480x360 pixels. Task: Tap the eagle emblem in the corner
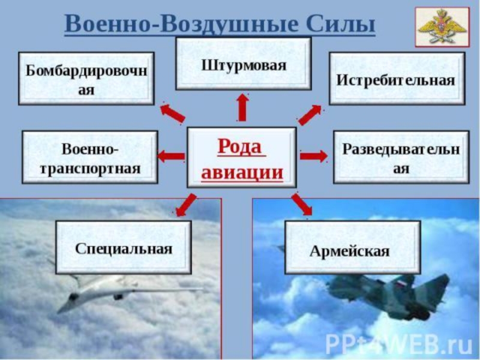[442, 27]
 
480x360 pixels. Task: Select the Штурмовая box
[243, 64]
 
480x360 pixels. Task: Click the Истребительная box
[396, 79]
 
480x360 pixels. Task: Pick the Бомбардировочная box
[86, 79]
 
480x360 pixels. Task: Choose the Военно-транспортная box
[90, 157]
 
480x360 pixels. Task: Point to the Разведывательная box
[400, 157]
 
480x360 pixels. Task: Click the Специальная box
[124, 247]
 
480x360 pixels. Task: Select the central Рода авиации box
[241, 157]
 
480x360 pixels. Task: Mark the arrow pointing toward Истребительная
[310, 114]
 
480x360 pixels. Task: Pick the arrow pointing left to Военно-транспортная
[171, 157]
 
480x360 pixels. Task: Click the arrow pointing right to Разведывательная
[313, 157]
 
